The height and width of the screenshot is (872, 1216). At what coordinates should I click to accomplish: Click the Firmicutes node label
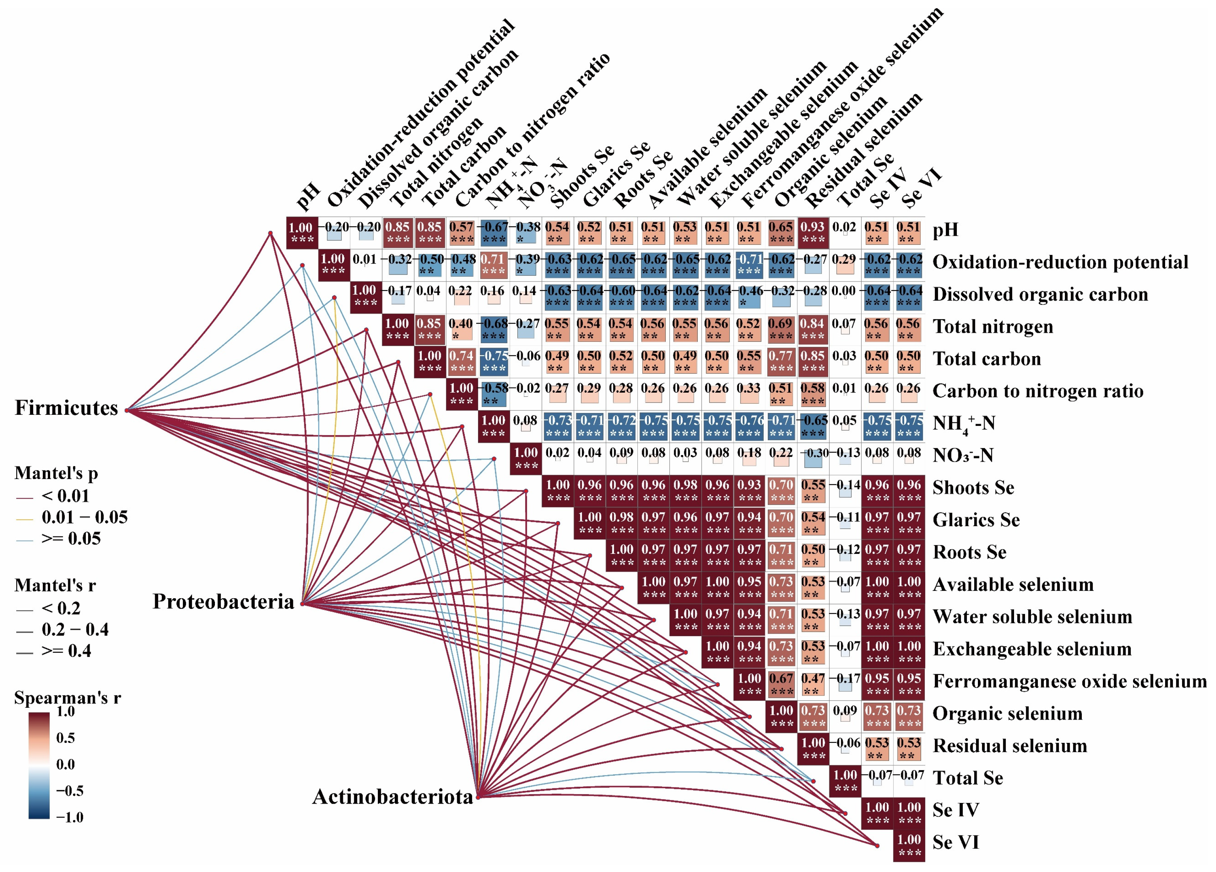coord(66,408)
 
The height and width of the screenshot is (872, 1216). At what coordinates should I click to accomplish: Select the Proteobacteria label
coord(223,602)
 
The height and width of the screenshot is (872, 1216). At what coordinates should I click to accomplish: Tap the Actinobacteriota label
coord(393,797)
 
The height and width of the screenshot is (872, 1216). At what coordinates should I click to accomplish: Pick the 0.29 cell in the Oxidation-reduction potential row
coord(844,265)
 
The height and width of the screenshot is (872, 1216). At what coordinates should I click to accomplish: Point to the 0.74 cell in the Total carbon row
coord(461,362)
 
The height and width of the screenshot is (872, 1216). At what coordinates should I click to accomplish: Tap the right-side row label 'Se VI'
coord(955,842)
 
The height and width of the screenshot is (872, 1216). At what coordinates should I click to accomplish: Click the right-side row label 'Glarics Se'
coord(976,520)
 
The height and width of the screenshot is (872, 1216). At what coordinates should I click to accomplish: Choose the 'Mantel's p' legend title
coord(56,473)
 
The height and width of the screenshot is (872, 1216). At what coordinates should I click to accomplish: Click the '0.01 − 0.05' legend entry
coord(84,517)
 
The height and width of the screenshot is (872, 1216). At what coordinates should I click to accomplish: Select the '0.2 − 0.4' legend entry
coord(74,630)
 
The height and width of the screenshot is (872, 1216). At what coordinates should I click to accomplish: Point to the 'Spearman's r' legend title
coord(67,697)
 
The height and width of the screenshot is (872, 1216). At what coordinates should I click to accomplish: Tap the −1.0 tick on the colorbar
coord(70,817)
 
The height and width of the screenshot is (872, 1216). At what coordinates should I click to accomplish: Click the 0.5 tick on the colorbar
coord(65,738)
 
